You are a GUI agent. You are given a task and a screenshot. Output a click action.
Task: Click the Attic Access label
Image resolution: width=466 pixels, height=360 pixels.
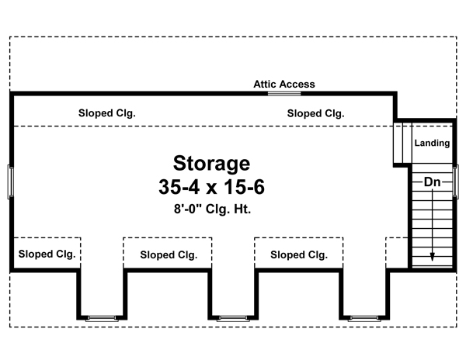[284, 84]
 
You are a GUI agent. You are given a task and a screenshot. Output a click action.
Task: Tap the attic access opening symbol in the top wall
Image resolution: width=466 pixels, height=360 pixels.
[284, 93]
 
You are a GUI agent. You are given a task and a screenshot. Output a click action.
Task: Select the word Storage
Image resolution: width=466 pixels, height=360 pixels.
[211, 164]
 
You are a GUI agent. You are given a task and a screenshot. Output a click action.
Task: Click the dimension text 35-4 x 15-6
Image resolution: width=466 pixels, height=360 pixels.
[211, 188]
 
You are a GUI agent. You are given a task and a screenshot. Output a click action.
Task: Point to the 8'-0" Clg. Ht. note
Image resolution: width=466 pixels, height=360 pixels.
[211, 209]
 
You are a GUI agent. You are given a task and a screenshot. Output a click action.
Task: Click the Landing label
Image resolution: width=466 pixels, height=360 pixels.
[431, 143]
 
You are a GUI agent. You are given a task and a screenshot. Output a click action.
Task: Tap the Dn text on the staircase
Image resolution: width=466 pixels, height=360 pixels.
[433, 182]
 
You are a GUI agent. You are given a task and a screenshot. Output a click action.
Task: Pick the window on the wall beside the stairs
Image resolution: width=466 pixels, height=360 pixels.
[456, 182]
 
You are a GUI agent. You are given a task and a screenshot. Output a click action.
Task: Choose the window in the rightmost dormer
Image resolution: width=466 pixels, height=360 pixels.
[363, 318]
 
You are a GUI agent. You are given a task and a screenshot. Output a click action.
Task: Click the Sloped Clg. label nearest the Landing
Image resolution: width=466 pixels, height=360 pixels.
[316, 113]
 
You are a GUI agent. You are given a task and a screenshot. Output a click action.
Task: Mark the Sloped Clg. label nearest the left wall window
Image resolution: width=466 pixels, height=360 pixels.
[46, 254]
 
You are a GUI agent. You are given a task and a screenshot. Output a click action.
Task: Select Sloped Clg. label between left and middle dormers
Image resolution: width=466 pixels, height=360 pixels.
[169, 254]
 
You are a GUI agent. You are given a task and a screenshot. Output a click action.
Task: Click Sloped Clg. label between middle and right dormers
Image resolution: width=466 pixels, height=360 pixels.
[299, 254]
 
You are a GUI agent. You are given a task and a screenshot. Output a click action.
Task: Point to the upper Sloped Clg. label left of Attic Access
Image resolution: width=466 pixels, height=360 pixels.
[107, 113]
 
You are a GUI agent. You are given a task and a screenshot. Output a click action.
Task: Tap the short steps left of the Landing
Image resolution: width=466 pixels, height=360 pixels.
[402, 142]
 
